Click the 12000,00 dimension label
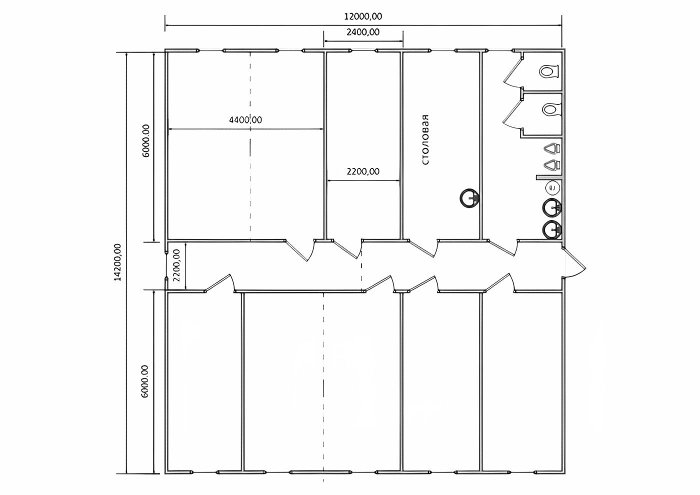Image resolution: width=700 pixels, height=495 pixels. [x=363, y=16]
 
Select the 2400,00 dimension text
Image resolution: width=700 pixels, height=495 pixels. [x=363, y=32]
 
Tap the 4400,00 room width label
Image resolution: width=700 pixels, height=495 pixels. [x=245, y=119]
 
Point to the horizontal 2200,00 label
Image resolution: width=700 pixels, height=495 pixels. [x=363, y=171]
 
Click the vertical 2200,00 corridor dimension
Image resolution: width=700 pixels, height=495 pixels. [x=176, y=265]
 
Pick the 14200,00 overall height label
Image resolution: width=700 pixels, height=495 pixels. [x=117, y=262]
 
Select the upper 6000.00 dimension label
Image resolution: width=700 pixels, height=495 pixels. [x=146, y=140]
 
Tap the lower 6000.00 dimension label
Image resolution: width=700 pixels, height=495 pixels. [x=144, y=381]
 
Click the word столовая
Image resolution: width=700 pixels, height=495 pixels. [x=425, y=139]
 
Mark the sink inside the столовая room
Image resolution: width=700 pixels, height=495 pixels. [x=469, y=198]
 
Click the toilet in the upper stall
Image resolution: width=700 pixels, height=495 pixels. [x=549, y=71]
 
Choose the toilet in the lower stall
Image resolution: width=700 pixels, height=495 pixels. [x=551, y=109]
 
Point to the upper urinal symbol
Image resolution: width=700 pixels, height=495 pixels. [x=552, y=148]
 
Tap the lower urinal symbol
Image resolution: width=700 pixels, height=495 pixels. [x=552, y=164]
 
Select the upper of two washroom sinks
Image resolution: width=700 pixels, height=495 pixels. [x=551, y=207]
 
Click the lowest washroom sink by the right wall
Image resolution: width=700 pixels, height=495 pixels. [x=551, y=230]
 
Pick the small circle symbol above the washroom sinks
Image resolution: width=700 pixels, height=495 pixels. [x=552, y=187]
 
